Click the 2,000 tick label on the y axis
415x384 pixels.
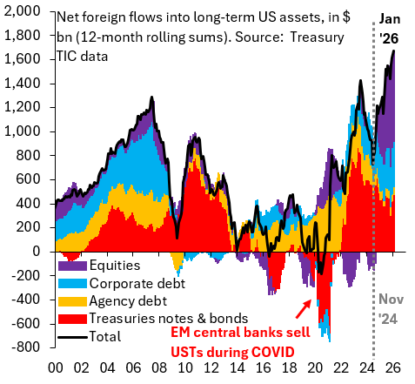(26, 11)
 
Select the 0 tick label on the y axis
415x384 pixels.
(42, 251)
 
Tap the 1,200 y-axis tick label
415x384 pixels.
(26, 107)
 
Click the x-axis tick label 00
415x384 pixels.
(56, 369)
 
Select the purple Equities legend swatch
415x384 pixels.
(69, 265)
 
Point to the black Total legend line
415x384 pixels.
(69, 336)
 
